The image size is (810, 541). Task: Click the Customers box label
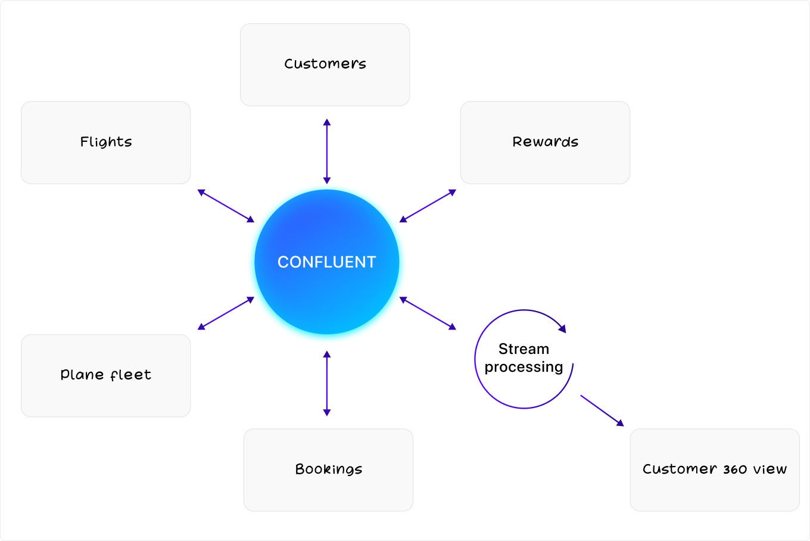325,64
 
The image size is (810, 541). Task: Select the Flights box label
106,141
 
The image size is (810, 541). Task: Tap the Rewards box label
546,141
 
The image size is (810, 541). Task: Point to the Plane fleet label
105,375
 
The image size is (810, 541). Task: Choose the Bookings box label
328,469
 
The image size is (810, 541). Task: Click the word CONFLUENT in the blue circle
326,262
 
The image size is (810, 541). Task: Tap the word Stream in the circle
524,349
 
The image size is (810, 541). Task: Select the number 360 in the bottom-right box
735,470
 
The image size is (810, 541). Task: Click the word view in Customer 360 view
770,469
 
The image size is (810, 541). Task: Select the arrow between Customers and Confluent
327,151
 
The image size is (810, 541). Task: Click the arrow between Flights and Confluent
226,206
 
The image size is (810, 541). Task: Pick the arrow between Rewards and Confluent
428,206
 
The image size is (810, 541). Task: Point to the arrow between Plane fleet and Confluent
226,313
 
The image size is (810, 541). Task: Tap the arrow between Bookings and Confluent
327,383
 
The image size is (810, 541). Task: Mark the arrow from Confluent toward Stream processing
428,313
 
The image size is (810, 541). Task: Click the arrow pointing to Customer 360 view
603,411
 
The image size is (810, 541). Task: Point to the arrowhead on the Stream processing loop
562,328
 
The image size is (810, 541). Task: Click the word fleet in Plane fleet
130,375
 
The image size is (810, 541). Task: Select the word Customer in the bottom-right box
680,469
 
